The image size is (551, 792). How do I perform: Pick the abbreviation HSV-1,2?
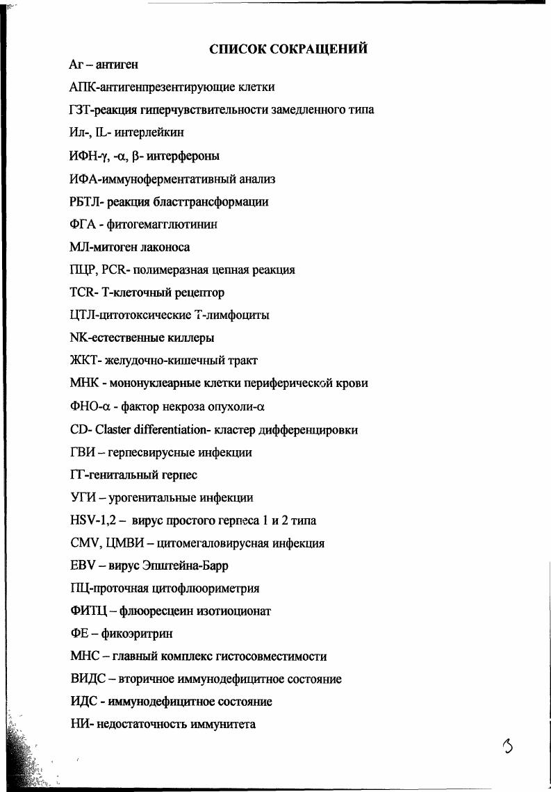tap(92, 520)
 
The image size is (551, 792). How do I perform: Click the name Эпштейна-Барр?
tap(183, 566)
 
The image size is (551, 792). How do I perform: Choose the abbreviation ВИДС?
tap(87, 679)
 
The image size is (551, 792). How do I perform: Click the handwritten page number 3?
tap(510, 748)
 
